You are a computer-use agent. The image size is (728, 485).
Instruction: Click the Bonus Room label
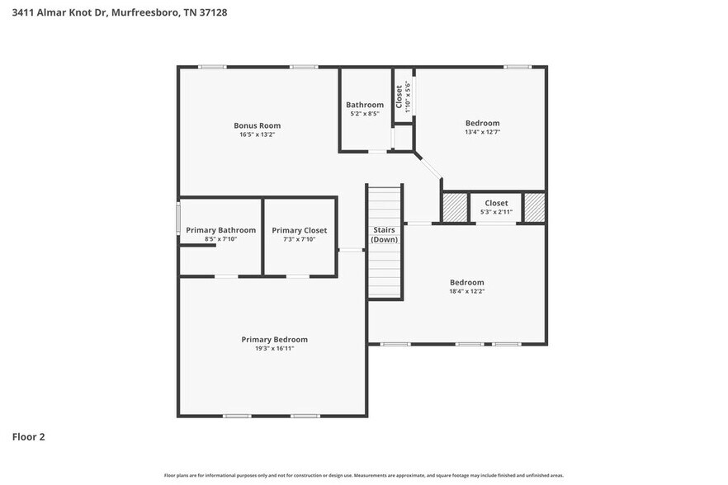tap(257, 125)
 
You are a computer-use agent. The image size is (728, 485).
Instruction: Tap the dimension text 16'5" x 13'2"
tap(257, 134)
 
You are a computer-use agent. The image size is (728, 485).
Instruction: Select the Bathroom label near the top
tap(364, 105)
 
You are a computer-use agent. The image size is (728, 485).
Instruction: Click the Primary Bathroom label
tap(220, 230)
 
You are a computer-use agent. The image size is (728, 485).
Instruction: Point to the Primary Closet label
tap(299, 230)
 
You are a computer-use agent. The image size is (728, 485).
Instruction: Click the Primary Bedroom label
tap(274, 339)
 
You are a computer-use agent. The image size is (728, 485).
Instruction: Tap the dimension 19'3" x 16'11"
tap(274, 349)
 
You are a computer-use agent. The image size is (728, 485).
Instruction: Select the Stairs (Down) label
tap(384, 234)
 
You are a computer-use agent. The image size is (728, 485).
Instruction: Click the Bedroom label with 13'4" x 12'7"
tap(482, 123)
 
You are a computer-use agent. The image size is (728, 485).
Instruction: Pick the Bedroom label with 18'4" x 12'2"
tap(466, 282)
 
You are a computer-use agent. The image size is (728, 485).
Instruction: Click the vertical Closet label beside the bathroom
tap(399, 97)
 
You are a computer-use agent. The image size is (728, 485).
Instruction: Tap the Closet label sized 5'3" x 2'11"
tap(496, 203)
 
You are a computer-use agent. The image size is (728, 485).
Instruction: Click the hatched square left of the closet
tap(455, 208)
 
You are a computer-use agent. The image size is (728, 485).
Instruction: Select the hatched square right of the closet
tap(535, 208)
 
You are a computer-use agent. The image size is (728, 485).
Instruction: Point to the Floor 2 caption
tap(28, 436)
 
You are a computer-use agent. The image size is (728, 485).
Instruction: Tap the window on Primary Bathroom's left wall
tap(178, 219)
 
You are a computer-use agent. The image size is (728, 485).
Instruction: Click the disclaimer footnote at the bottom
tap(363, 475)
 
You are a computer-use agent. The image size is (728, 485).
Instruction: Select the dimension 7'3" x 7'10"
tap(299, 239)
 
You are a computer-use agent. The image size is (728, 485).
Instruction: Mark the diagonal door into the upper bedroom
tap(429, 165)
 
